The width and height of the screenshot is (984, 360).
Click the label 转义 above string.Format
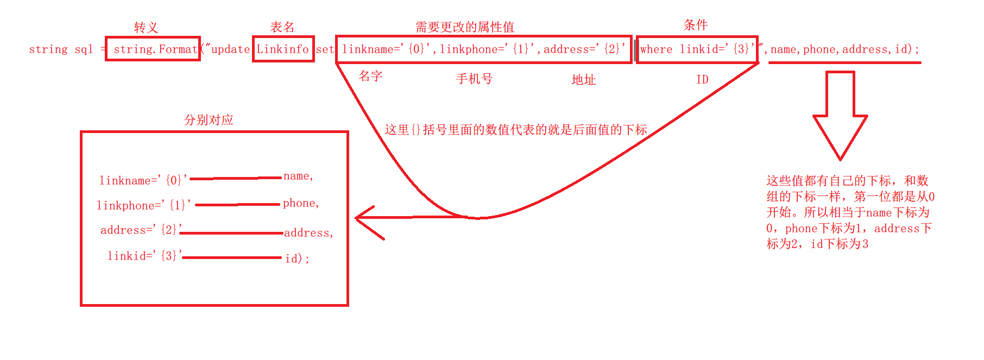coord(146,28)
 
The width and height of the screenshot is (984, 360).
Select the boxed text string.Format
coord(155,49)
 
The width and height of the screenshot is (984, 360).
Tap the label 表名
coord(282,27)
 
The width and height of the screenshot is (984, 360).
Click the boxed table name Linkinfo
coord(282,49)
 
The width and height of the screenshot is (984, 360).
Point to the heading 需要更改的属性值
coord(464,27)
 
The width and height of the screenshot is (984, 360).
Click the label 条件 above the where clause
coord(695,25)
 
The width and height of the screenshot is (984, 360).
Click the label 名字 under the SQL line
coord(370,76)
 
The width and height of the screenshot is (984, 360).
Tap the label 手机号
coord(474,79)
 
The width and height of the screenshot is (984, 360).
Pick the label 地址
coord(583,80)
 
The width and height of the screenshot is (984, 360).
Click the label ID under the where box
coord(702,80)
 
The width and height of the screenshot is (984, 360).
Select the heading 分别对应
coord(209,120)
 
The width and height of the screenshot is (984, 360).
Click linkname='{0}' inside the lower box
coord(143,180)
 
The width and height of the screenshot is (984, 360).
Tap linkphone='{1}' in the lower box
coord(143,205)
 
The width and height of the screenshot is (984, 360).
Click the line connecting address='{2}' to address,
coord(232,233)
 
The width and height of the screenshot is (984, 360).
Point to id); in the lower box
coord(297,258)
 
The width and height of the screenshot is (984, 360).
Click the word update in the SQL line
coord(230,49)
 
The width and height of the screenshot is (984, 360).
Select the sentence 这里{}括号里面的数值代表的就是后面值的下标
coord(515,130)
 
